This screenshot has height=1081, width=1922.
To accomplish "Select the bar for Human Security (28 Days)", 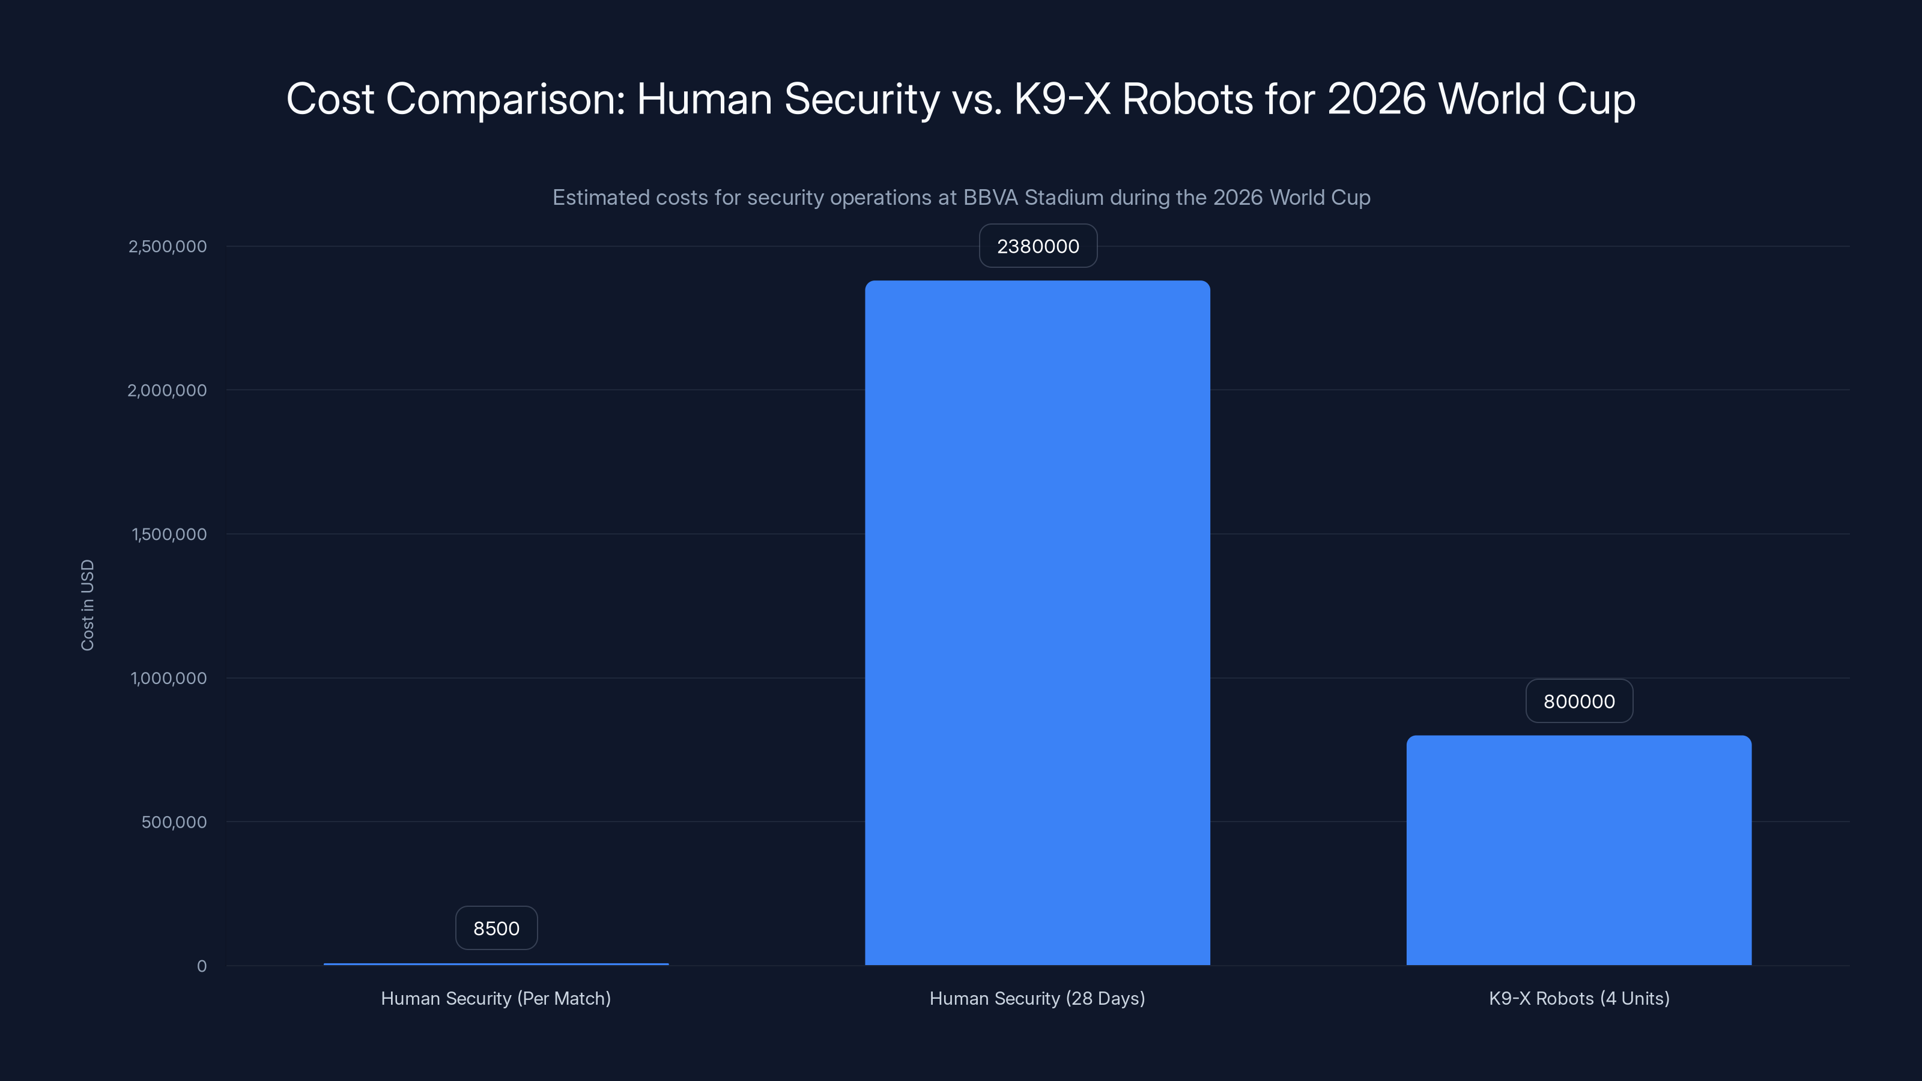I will tap(1037, 623).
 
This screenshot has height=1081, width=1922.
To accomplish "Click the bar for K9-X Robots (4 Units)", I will tap(1579, 850).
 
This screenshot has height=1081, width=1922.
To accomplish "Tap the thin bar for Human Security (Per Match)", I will tap(496, 964).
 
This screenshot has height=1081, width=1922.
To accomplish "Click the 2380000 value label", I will tap(1038, 246).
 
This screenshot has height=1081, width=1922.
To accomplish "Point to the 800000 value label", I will tap(1579, 701).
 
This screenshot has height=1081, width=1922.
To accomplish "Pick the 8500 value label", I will tap(496, 928).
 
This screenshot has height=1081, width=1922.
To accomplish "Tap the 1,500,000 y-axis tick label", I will tap(169, 534).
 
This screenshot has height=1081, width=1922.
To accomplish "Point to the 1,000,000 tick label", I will tap(169, 678).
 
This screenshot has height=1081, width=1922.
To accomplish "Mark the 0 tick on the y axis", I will tap(201, 966).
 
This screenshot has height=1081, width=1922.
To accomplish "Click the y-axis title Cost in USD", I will tap(87, 605).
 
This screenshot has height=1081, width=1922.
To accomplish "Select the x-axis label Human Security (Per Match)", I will tap(496, 998).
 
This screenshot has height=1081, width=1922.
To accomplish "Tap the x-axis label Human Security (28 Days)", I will tap(1037, 998).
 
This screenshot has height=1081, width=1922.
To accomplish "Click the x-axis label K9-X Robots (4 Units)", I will tap(1579, 998).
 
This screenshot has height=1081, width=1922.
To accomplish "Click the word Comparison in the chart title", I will tap(505, 99).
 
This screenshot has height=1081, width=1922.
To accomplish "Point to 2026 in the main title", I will tap(1377, 99).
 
